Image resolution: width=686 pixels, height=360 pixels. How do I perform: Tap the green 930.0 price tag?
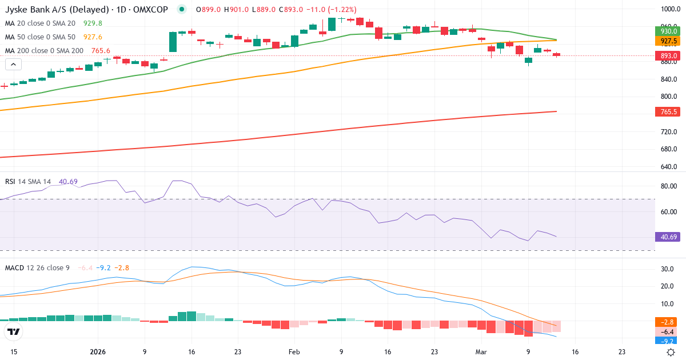point(668,31)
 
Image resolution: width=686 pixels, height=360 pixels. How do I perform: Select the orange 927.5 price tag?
point(668,41)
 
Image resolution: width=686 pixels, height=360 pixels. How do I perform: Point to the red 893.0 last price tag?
point(668,55)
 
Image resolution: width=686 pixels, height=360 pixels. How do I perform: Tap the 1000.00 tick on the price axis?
point(668,9)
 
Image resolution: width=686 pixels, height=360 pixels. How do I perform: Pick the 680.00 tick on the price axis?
point(668,149)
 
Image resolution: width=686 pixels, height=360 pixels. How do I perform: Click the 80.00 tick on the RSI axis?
point(668,186)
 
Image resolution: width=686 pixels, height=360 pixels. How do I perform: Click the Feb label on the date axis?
point(294,352)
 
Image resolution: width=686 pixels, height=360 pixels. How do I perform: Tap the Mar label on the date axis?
point(481,352)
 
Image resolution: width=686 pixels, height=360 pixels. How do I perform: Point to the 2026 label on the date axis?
point(98,352)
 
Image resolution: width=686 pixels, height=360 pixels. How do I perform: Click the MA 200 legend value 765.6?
point(101,50)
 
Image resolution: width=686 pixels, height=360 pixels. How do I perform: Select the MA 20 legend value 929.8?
point(93,23)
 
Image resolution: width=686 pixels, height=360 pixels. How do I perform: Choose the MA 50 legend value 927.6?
point(93,37)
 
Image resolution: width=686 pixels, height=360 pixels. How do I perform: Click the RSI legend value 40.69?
point(68,181)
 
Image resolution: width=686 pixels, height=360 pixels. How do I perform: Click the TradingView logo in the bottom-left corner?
point(14,331)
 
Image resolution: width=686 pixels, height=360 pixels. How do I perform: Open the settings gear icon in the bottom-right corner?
point(671,352)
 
